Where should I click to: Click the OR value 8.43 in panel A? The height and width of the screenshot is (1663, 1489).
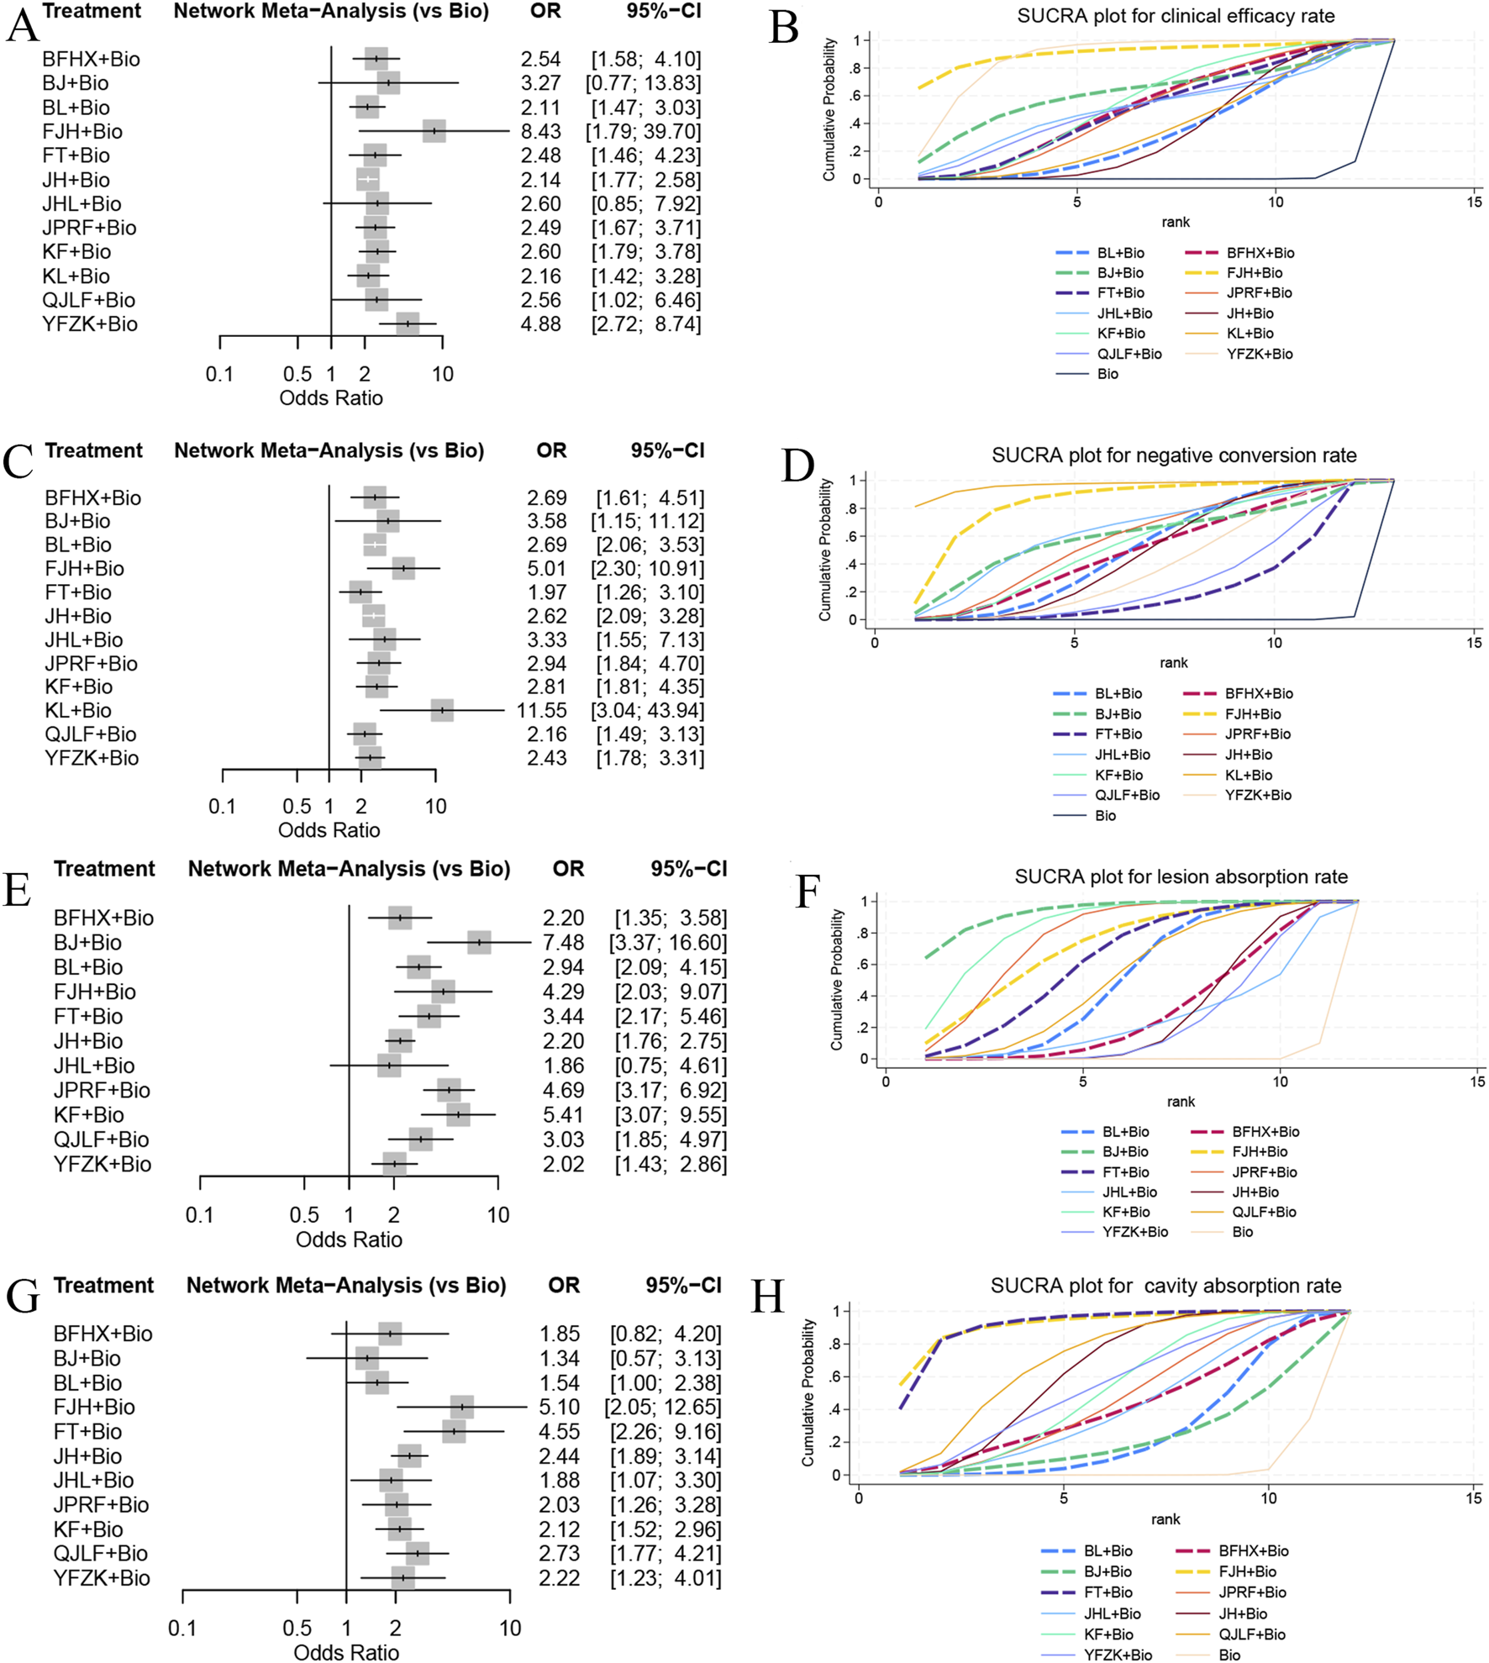[x=540, y=132]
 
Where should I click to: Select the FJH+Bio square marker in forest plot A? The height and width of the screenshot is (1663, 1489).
[x=434, y=131]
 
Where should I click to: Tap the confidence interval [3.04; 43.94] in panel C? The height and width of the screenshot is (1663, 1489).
[x=647, y=711]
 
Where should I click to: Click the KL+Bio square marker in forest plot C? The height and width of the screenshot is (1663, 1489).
[x=442, y=710]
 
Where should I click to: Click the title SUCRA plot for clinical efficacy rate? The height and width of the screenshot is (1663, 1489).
[x=1176, y=16]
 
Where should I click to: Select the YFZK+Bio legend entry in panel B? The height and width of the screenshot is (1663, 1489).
[x=1259, y=354]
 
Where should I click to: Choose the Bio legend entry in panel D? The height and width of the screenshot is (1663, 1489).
[x=1105, y=815]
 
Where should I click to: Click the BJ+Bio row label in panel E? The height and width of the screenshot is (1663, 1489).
[x=87, y=943]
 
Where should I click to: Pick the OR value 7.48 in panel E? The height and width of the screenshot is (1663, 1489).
[x=563, y=943]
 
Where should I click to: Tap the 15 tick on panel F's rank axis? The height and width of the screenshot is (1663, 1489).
[x=1477, y=1081]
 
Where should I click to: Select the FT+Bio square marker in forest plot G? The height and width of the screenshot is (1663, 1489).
[x=454, y=1431]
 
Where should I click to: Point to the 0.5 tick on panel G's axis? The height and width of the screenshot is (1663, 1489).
[x=297, y=1628]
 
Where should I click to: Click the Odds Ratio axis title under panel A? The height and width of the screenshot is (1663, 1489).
[x=331, y=398]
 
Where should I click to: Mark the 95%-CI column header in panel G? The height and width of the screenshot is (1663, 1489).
[x=683, y=1285]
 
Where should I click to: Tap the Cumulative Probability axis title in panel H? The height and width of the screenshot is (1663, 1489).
[x=808, y=1392]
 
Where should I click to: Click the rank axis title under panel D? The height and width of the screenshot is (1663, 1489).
[x=1174, y=663]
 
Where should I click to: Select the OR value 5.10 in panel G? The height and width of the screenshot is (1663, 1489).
[x=560, y=1407]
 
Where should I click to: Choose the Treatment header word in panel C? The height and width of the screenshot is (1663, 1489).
[x=93, y=450]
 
